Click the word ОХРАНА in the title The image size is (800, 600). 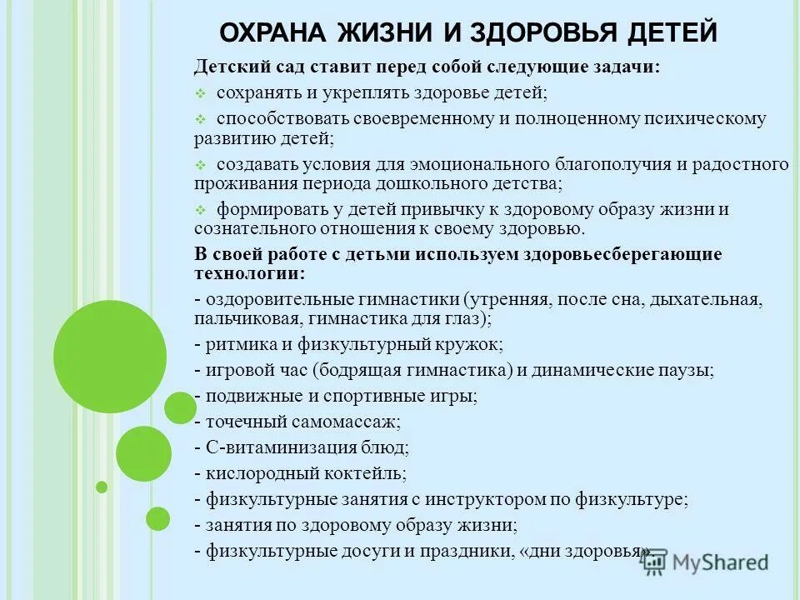coord(273,33)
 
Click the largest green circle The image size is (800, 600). coord(110,357)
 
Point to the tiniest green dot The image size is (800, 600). coord(102,487)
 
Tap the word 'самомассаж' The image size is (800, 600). coord(348,422)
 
